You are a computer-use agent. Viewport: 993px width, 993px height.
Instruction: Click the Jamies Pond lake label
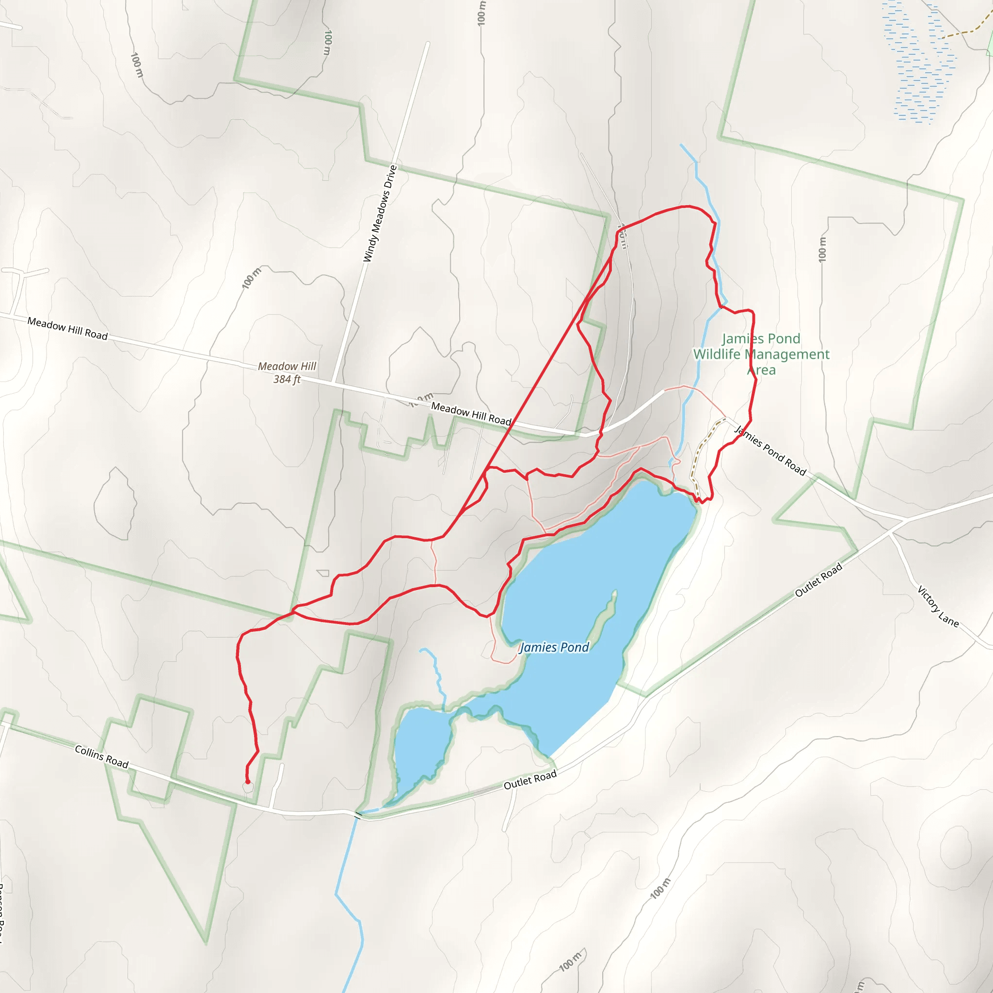(554, 647)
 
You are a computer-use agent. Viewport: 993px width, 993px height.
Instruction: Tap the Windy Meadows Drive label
(380, 213)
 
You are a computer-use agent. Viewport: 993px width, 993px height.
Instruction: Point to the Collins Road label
(101, 756)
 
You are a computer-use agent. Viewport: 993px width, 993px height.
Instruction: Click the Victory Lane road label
(938, 607)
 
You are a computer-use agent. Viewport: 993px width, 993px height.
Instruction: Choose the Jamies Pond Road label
(770, 450)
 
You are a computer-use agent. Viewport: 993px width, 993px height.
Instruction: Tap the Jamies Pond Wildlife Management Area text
(761, 354)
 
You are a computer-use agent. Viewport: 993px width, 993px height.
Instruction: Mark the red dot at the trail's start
(248, 782)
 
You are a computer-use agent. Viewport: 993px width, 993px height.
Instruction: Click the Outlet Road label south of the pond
(530, 780)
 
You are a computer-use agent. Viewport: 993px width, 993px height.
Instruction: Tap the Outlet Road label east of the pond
(818, 580)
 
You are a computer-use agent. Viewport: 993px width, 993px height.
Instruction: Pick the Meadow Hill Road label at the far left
(67, 328)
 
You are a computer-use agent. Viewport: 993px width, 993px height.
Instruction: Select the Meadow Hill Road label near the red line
(471, 413)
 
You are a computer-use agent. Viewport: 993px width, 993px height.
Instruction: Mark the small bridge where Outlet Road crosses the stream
(358, 814)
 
